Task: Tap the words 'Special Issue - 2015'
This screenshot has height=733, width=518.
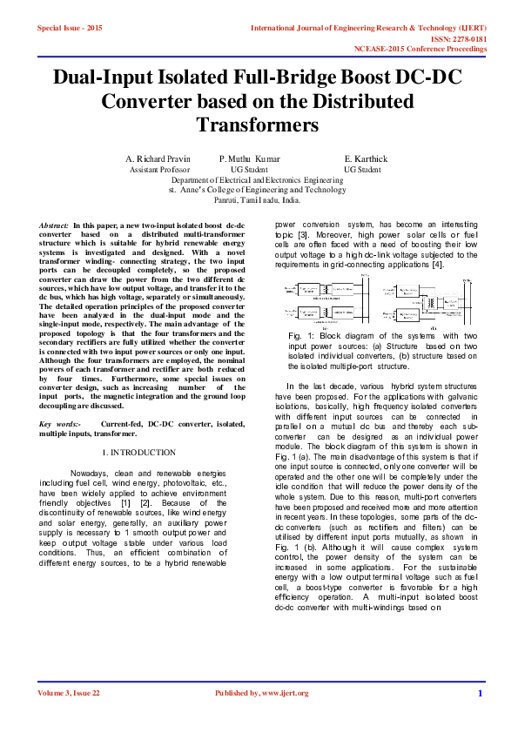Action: point(70,29)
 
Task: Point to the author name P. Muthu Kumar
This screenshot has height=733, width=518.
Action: point(250,158)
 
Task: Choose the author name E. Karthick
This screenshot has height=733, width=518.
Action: point(366,158)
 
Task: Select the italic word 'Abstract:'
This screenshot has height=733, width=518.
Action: point(55,225)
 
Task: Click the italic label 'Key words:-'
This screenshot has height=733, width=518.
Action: point(60,423)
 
